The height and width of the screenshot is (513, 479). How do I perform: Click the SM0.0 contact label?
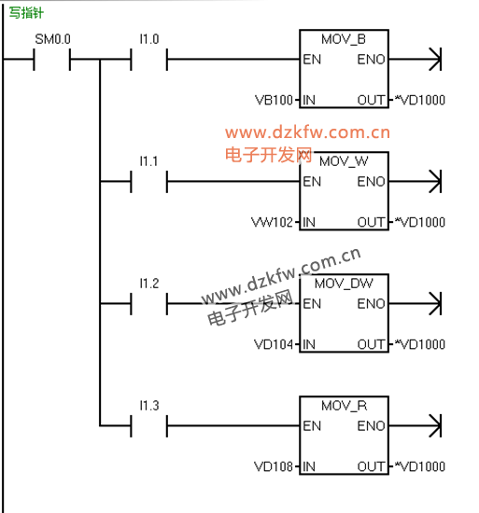(x=52, y=39)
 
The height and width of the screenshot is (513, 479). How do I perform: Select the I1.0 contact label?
(x=149, y=39)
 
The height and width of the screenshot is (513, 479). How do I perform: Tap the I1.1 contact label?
(x=149, y=161)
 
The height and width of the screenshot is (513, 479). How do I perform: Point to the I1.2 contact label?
(x=149, y=284)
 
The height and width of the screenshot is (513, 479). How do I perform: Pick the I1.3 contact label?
(x=149, y=406)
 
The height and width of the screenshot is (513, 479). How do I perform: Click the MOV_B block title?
(x=344, y=39)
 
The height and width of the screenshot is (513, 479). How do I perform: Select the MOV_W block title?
(x=344, y=161)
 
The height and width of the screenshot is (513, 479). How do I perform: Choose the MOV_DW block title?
(x=344, y=284)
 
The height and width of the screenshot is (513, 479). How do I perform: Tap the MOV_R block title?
(x=345, y=406)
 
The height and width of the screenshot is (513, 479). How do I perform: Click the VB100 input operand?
(x=274, y=100)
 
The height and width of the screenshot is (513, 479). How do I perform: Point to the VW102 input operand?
(x=272, y=223)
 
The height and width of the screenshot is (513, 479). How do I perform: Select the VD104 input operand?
(x=274, y=344)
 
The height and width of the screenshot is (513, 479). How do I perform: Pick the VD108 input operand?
(x=274, y=466)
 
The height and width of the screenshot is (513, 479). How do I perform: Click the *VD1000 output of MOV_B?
(x=420, y=100)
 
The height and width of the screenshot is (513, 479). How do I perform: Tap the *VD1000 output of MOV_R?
(x=420, y=466)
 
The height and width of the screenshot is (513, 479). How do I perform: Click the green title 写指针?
(x=26, y=13)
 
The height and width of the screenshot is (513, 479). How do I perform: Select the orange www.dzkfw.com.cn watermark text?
(x=307, y=132)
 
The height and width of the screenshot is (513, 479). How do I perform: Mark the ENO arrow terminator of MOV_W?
(x=435, y=181)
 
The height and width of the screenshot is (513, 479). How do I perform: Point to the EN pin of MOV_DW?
(x=312, y=304)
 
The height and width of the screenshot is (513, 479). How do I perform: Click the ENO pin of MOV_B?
(x=371, y=60)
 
